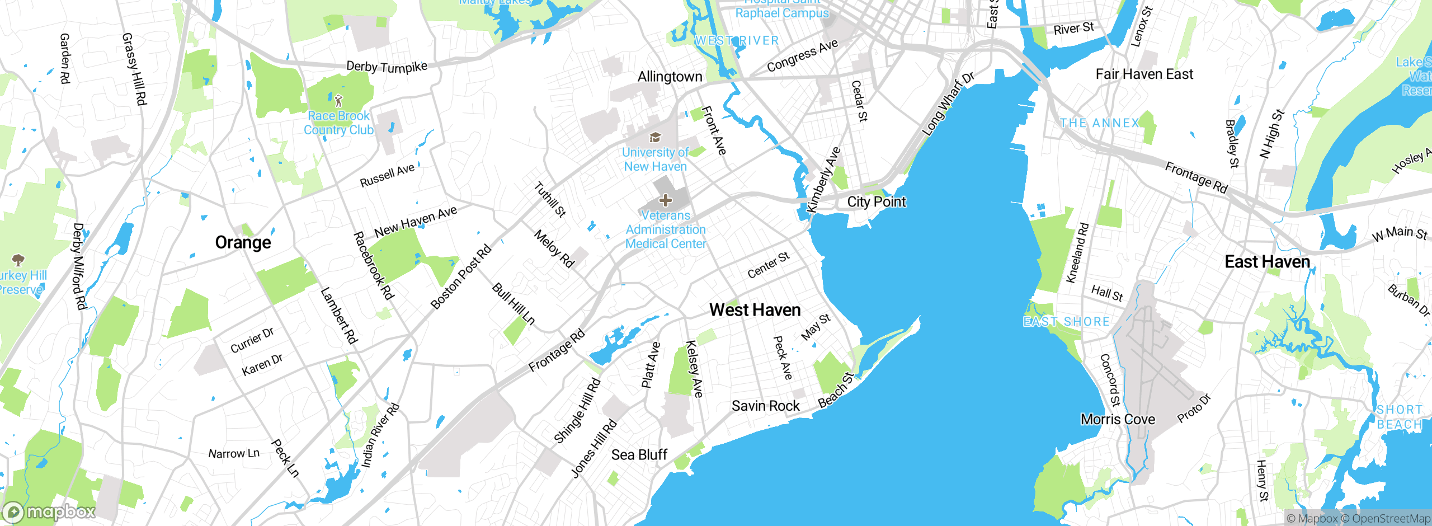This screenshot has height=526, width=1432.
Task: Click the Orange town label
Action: (x=243, y=242)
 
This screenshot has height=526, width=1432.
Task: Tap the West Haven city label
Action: (x=755, y=310)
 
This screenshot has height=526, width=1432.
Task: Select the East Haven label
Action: (x=1267, y=262)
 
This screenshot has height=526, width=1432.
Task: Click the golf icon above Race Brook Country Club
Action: (x=338, y=101)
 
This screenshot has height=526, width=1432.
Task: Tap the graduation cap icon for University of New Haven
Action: (x=655, y=138)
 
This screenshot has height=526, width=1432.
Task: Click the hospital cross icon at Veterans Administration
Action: (x=666, y=200)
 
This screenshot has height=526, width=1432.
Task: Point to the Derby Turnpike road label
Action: (x=387, y=67)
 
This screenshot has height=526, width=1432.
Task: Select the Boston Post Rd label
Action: (x=461, y=276)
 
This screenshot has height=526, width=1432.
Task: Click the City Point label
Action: (x=876, y=202)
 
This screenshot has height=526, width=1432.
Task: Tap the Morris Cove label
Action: (x=1117, y=419)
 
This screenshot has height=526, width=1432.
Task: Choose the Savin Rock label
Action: (x=765, y=406)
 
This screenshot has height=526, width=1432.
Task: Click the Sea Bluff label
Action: (x=639, y=454)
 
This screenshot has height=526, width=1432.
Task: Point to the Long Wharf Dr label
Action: (x=948, y=104)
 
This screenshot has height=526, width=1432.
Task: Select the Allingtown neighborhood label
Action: (x=670, y=77)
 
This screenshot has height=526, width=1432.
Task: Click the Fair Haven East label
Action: (x=1144, y=74)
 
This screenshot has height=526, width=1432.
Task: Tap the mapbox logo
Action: (x=49, y=511)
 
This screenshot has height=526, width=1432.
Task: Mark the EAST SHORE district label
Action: (x=1066, y=322)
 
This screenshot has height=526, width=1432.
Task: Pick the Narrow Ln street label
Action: (x=234, y=453)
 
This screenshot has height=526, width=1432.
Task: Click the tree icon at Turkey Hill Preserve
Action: (x=18, y=260)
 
